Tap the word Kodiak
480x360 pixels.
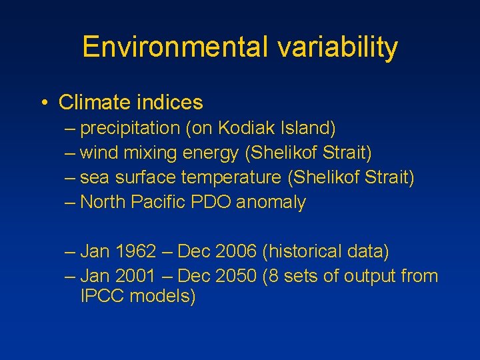pyautogui.click(x=248, y=128)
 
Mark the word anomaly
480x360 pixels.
pyautogui.click(x=270, y=202)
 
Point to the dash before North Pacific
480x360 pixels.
pyautogui.click(x=71, y=202)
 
